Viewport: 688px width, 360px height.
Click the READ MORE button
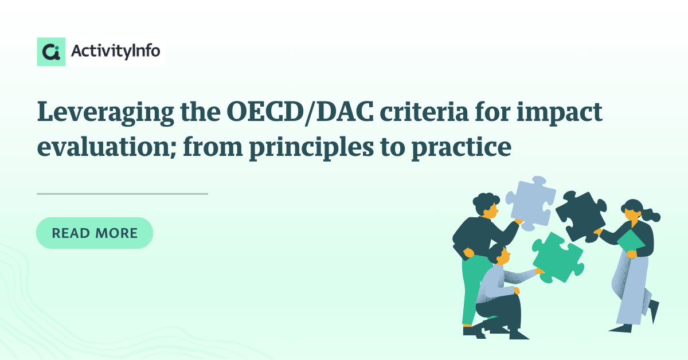[x=95, y=233]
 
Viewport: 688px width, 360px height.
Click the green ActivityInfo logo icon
[x=51, y=52]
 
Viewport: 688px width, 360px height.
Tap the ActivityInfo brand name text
[x=115, y=51]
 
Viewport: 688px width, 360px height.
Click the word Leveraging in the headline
[x=105, y=113]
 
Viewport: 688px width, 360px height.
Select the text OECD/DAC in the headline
[x=300, y=112]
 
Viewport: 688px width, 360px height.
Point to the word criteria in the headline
[x=424, y=112]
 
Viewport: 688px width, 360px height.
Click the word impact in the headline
[x=560, y=114]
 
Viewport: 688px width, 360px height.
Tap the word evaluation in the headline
[x=107, y=147]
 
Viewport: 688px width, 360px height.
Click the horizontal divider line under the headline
[x=122, y=194]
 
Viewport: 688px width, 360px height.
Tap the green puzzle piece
[x=558, y=258]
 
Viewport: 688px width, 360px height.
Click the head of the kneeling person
[x=499, y=254]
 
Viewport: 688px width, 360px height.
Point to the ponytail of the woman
[x=651, y=215]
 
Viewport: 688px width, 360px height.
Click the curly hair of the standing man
[x=484, y=201]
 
